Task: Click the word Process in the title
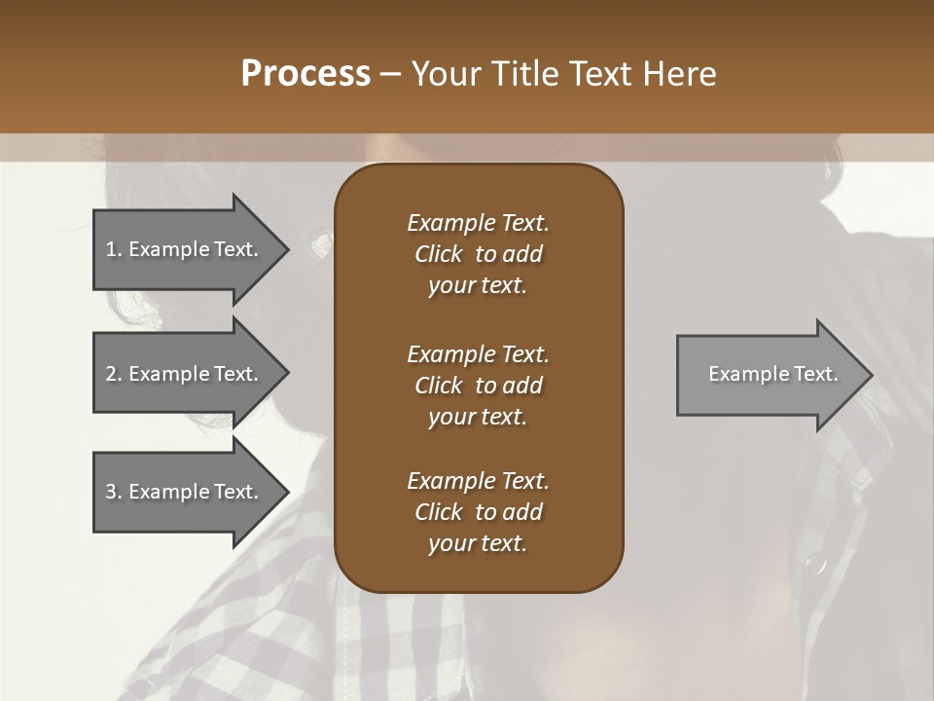pyautogui.click(x=305, y=74)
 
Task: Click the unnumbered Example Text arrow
pyautogui.click(x=772, y=375)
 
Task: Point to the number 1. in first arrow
pyautogui.click(x=114, y=249)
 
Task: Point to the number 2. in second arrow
pyautogui.click(x=114, y=374)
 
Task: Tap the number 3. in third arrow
pyautogui.click(x=114, y=492)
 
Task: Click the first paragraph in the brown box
pyautogui.click(x=478, y=254)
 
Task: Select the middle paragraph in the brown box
pyautogui.click(x=478, y=386)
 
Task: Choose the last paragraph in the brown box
pyautogui.click(x=478, y=512)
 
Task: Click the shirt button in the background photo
pyautogui.click(x=815, y=563)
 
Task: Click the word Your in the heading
pyautogui.click(x=444, y=74)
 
